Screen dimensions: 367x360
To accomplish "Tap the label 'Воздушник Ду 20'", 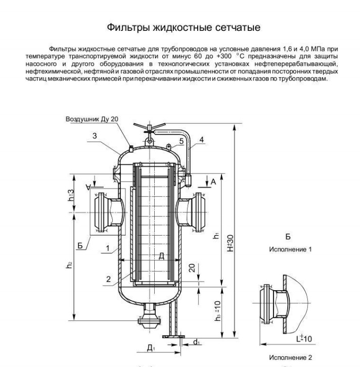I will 93,119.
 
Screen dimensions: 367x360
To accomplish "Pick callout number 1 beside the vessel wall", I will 107,248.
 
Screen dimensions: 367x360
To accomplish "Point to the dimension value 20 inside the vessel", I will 192,267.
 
